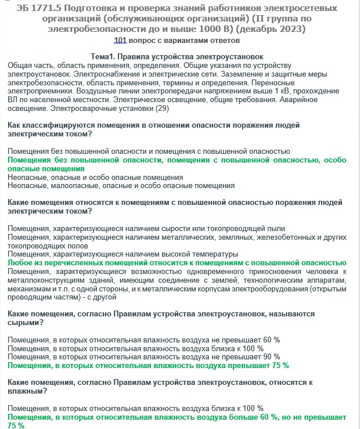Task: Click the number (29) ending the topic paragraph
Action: [162, 109]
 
